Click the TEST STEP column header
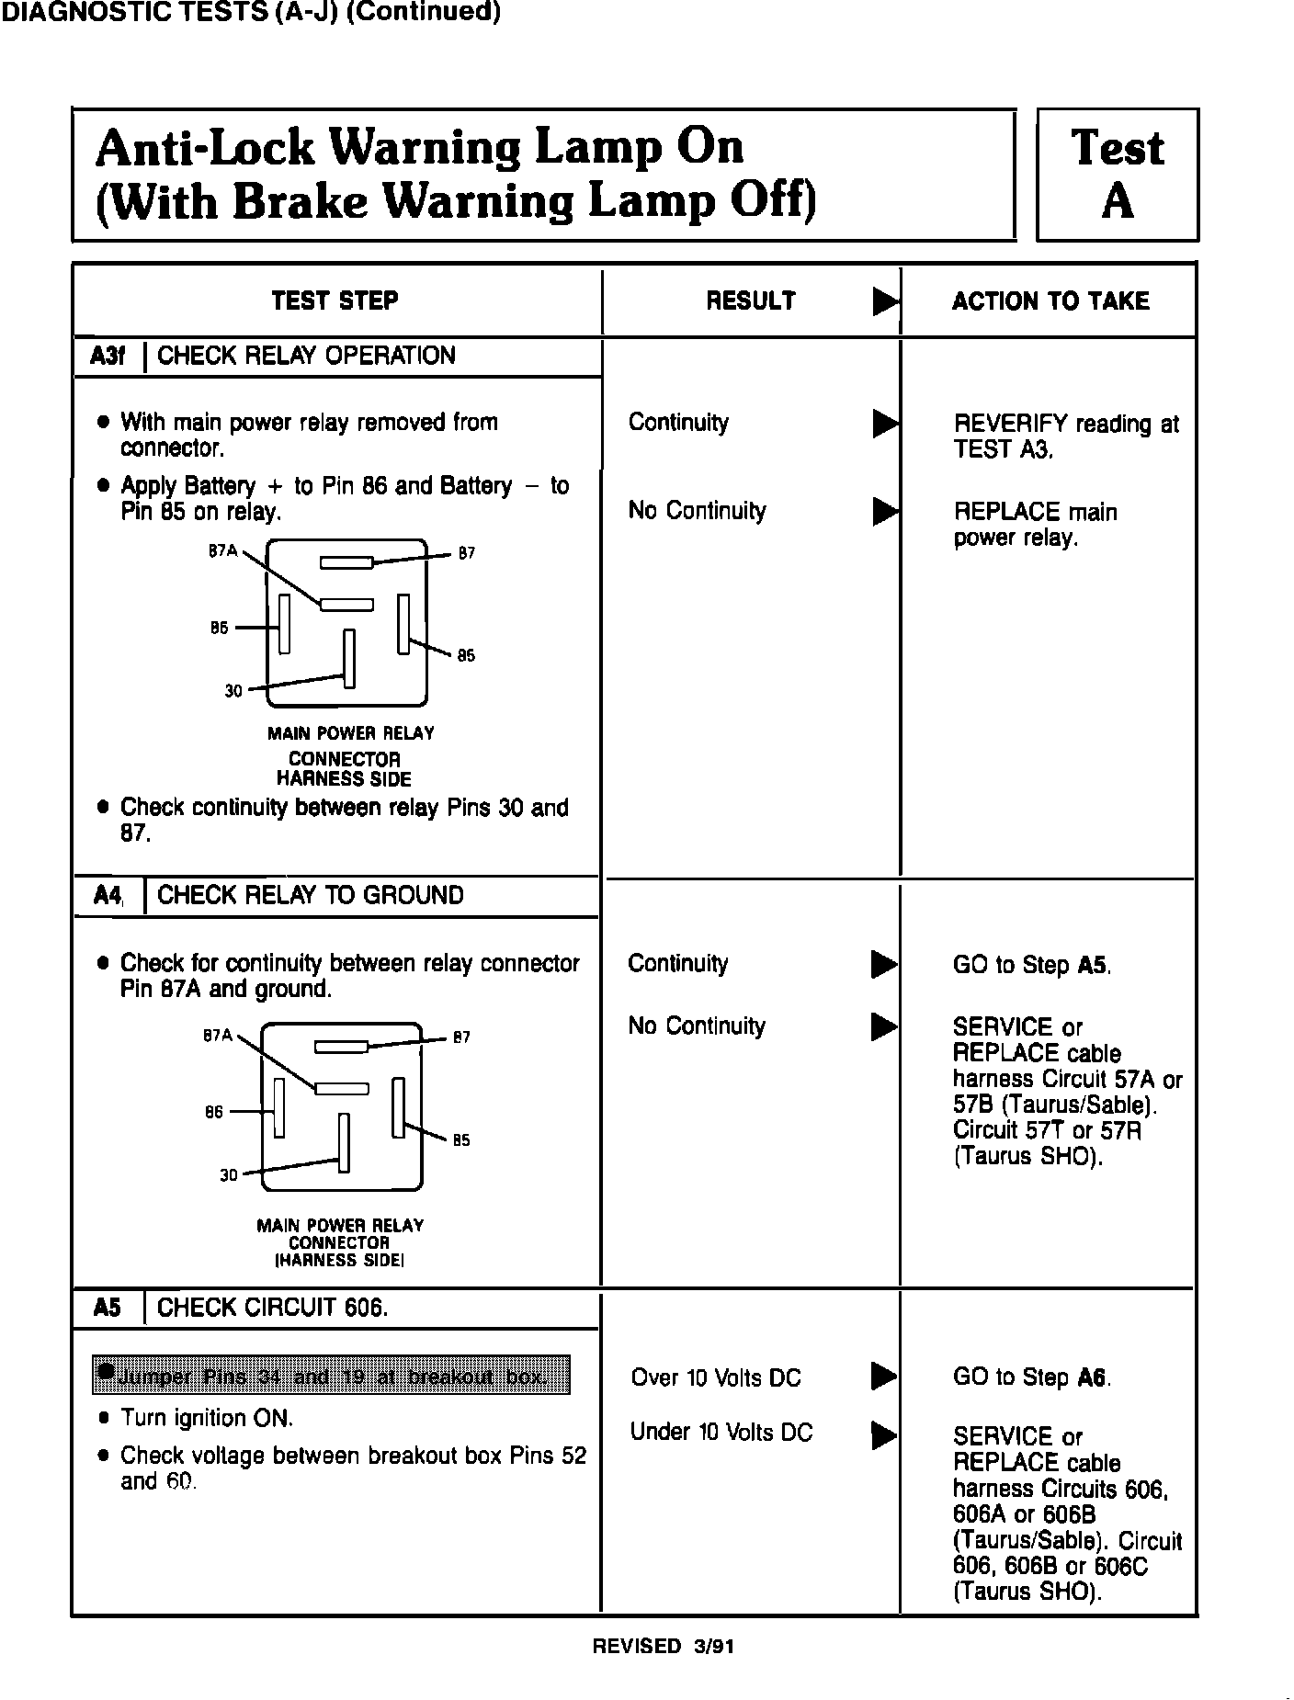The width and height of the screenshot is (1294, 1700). (335, 300)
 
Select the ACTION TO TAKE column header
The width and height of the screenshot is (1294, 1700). (1050, 301)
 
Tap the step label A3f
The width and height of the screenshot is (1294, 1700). (108, 357)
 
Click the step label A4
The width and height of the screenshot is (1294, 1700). (108, 896)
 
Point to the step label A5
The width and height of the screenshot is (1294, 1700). (108, 1308)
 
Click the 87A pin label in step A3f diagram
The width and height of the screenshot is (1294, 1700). (222, 551)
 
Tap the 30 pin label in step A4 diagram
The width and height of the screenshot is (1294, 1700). (229, 1175)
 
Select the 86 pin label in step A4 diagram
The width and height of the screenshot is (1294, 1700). (214, 1113)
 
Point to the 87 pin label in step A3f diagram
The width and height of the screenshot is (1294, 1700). (467, 553)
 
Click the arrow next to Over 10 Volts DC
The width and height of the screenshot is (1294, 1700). (884, 1377)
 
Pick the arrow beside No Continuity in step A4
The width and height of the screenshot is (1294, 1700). (884, 1026)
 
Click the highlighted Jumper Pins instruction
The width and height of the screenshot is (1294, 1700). (331, 1375)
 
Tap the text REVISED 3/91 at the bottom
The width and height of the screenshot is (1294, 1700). (663, 1647)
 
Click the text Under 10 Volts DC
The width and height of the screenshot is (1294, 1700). (721, 1432)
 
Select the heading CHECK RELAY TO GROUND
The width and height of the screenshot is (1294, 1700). (311, 896)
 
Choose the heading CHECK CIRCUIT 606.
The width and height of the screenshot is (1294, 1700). (273, 1308)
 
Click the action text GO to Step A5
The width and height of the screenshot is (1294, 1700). (1031, 965)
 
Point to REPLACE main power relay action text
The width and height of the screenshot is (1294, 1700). (1035, 525)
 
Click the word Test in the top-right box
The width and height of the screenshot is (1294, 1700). (1118, 148)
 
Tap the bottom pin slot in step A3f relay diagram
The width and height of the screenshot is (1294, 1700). (349, 658)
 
